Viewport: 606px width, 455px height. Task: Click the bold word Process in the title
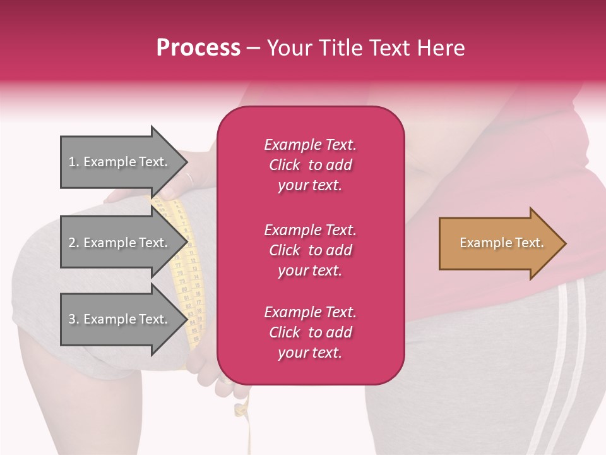(198, 48)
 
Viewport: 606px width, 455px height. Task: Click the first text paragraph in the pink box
(310, 165)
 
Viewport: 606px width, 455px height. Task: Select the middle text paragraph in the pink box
(310, 250)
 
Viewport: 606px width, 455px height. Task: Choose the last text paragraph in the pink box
(310, 332)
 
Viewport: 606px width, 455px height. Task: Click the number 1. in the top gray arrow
(74, 162)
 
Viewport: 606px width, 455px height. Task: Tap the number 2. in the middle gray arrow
(74, 243)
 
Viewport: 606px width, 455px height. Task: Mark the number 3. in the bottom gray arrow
(74, 319)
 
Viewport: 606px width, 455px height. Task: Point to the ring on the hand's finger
(189, 179)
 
